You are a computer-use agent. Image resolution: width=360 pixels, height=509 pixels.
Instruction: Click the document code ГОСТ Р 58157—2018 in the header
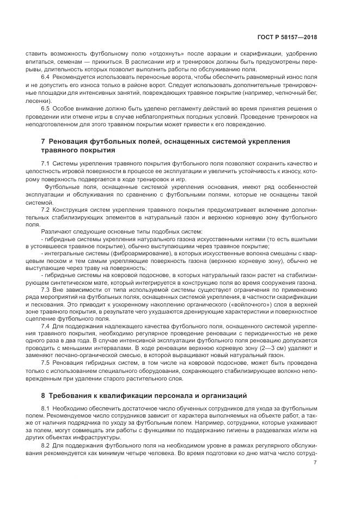coord(287,38)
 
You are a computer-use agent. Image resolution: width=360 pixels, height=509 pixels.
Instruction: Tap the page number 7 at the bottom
coord(315,462)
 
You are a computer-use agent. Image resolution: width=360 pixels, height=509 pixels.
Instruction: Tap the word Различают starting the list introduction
coord(58,232)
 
